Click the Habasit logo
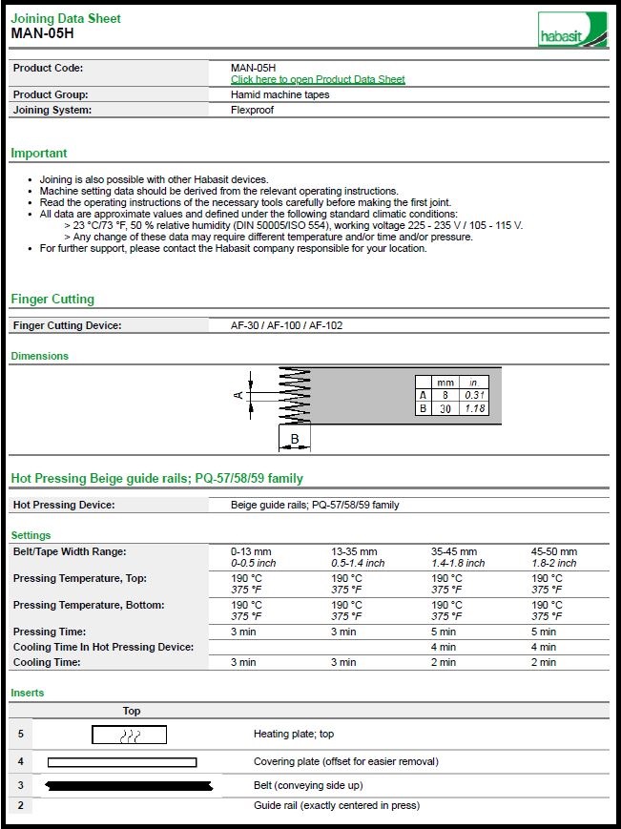tap(571, 29)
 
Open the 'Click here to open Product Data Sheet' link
tap(318, 79)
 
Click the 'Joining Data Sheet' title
tap(66, 18)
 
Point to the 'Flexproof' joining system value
tap(253, 110)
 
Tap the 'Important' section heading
tap(39, 153)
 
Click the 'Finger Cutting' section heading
tap(52, 299)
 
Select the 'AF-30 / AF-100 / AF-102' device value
tap(286, 325)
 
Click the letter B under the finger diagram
tap(296, 440)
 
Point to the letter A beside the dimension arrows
tap(238, 394)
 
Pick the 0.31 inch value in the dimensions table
tap(474, 395)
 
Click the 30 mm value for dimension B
tap(445, 408)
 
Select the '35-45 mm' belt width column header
tap(453, 551)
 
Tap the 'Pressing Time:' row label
tap(50, 632)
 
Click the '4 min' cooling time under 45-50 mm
tap(544, 647)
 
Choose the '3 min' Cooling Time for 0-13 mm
tap(243, 662)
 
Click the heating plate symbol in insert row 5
tap(130, 735)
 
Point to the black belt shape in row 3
tap(128, 785)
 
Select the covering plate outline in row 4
tap(122, 761)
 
